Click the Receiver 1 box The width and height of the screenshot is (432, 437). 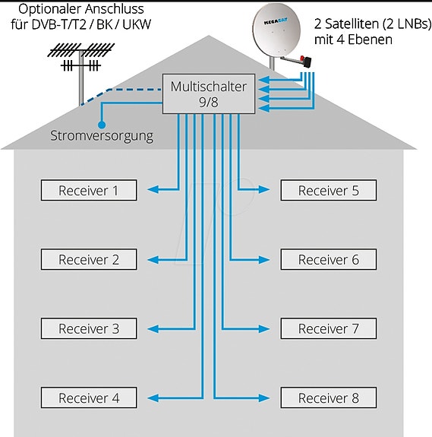click(89, 190)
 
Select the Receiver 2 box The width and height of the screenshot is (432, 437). click(89, 259)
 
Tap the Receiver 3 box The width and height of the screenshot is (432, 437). click(89, 328)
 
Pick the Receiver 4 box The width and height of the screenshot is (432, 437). click(89, 397)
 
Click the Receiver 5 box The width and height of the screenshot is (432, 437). click(329, 190)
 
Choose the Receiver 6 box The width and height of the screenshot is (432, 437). click(329, 259)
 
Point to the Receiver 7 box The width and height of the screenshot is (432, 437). click(329, 328)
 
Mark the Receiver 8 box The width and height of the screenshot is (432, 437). click(329, 397)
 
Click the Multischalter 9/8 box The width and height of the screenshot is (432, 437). click(209, 93)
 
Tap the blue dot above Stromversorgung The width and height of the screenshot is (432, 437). click(102, 125)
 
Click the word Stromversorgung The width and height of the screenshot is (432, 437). click(102, 136)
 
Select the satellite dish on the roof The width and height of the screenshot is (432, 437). click(276, 30)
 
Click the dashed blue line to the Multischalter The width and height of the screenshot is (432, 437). click(120, 93)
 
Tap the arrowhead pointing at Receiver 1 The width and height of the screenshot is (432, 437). click(153, 190)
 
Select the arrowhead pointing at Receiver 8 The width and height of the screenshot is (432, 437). click(264, 397)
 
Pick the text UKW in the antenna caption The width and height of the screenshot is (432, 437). click(137, 24)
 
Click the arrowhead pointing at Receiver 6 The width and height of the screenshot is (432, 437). click(264, 260)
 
